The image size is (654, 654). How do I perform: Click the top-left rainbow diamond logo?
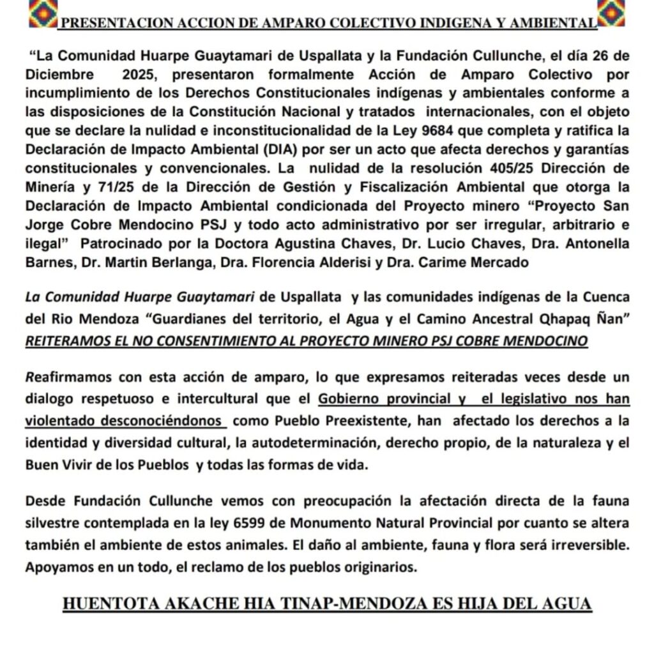[x=43, y=13]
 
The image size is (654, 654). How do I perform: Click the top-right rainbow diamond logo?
[x=610, y=13]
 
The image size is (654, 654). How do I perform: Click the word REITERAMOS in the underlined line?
[x=67, y=340]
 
